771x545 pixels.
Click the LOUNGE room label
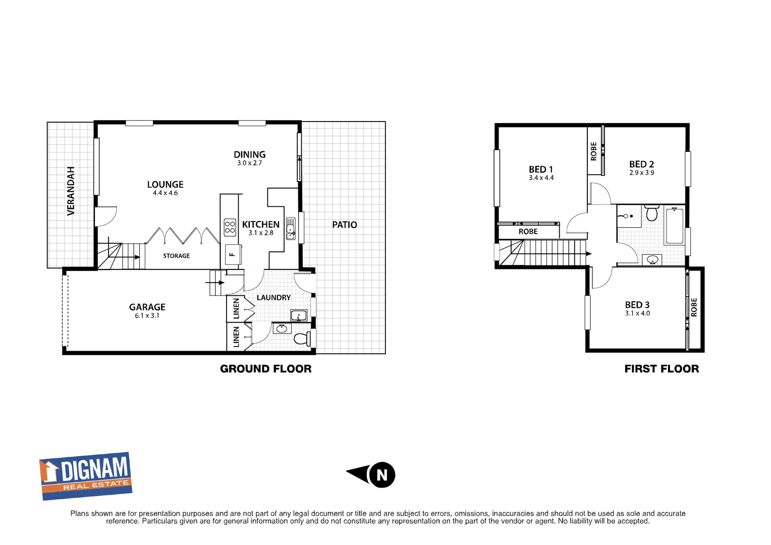[165, 185]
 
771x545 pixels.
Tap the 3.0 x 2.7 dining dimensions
[249, 163]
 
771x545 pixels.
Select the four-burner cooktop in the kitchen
[230, 227]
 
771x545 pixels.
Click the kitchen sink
[291, 229]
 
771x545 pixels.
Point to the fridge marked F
[232, 254]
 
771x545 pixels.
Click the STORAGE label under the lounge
[176, 256]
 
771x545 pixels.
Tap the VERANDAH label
[71, 191]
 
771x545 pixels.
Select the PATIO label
[344, 225]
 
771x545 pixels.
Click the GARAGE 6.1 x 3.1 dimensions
[147, 316]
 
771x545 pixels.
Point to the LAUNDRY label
[273, 298]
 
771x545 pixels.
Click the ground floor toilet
[302, 338]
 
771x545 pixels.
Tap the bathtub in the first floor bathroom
[675, 226]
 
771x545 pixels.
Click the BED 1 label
[541, 170]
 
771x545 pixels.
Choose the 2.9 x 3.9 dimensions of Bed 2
[641, 173]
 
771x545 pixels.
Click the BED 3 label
[637, 305]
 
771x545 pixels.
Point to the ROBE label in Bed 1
[528, 232]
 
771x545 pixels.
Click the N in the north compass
[382, 475]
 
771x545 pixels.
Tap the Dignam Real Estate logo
[86, 475]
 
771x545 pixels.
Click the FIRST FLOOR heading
[662, 369]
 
